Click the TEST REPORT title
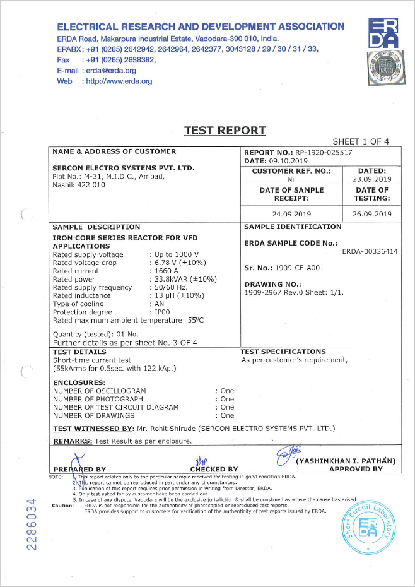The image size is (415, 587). coord(225,131)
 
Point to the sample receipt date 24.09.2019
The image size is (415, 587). coord(291,214)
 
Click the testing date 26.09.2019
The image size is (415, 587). coord(372,214)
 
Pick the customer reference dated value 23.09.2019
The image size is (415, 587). coord(372,179)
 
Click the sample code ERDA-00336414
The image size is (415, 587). coord(370,251)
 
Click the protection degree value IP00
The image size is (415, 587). coord(164,312)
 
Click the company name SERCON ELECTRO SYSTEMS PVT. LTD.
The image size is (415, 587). coord(124,169)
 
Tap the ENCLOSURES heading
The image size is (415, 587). coord(78,382)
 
